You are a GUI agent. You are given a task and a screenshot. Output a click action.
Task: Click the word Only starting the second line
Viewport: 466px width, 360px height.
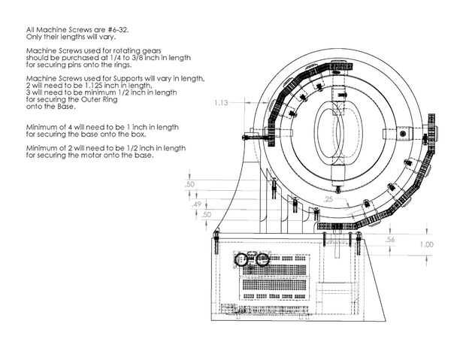click(34, 36)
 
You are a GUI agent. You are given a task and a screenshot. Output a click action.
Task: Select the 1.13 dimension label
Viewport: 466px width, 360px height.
click(221, 102)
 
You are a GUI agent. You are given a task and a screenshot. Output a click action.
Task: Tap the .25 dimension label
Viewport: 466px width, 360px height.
click(328, 199)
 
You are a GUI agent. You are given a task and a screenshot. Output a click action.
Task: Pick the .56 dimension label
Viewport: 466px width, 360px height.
click(390, 239)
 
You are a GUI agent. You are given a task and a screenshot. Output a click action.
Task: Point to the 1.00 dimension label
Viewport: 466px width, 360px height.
click(426, 245)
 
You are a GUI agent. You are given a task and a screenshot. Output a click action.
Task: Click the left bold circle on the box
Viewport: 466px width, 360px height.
click(244, 260)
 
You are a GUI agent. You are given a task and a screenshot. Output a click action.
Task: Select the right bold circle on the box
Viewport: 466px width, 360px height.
click(262, 260)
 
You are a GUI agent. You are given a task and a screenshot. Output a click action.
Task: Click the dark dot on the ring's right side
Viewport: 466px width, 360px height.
click(404, 134)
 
